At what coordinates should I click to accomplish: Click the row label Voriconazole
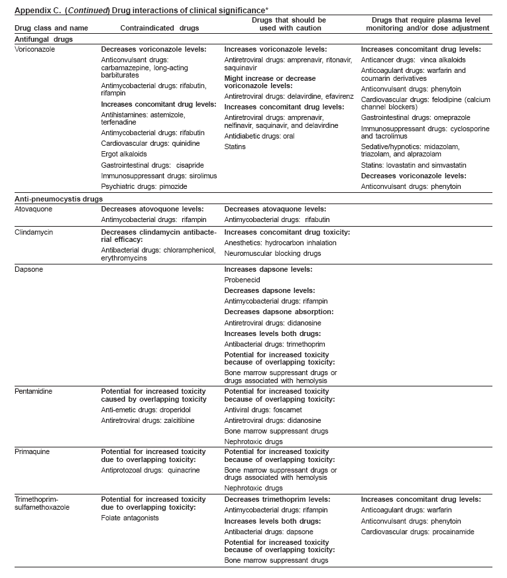pyautogui.click(x=34, y=50)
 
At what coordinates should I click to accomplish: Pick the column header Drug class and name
pyautogui.click(x=47, y=28)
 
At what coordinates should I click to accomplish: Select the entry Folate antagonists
pyautogui.click(x=131, y=518)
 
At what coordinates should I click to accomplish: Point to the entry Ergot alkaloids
pyautogui.click(x=124, y=154)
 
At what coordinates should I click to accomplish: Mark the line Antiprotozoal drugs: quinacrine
pyautogui.click(x=150, y=471)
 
